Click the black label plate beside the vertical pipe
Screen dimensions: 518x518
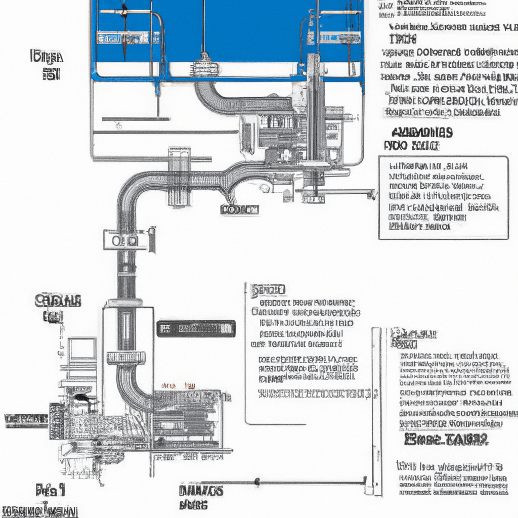tap(196, 328)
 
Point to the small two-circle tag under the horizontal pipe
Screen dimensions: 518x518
tap(239, 209)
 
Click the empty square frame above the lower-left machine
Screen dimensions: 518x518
tap(82, 349)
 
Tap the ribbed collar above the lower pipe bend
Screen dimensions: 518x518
tap(126, 358)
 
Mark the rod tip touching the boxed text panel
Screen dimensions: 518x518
tap(373, 194)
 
